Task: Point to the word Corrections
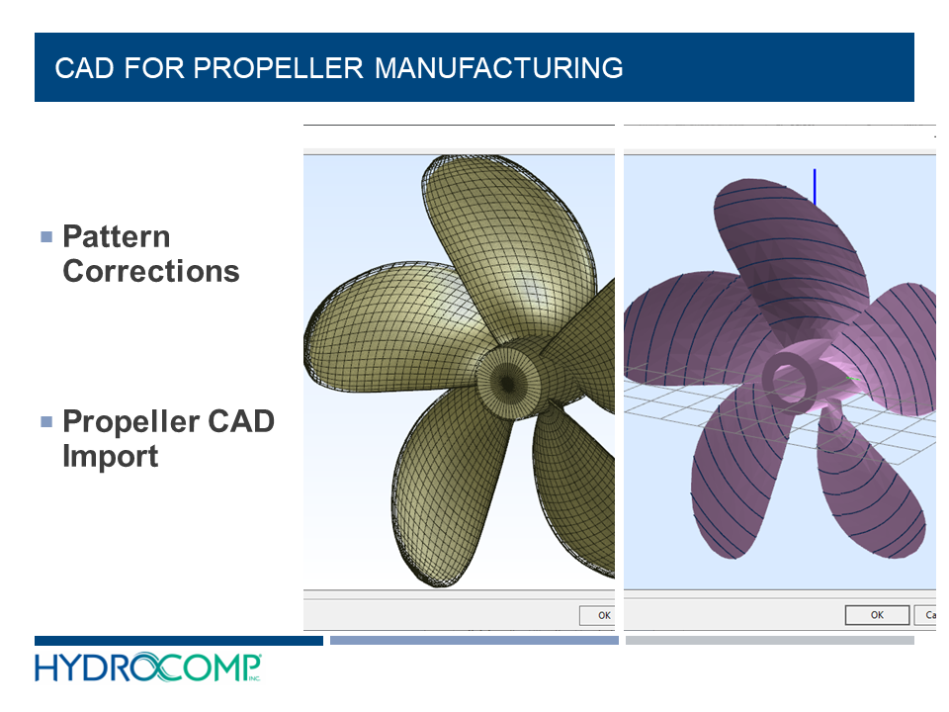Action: [150, 271]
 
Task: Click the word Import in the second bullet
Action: [110, 456]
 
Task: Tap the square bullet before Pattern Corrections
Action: [45, 237]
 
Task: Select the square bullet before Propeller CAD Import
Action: [45, 422]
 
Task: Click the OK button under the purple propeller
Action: [876, 615]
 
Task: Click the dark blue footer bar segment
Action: [178, 641]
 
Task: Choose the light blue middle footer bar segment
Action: [474, 641]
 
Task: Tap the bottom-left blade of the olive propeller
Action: [445, 494]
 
